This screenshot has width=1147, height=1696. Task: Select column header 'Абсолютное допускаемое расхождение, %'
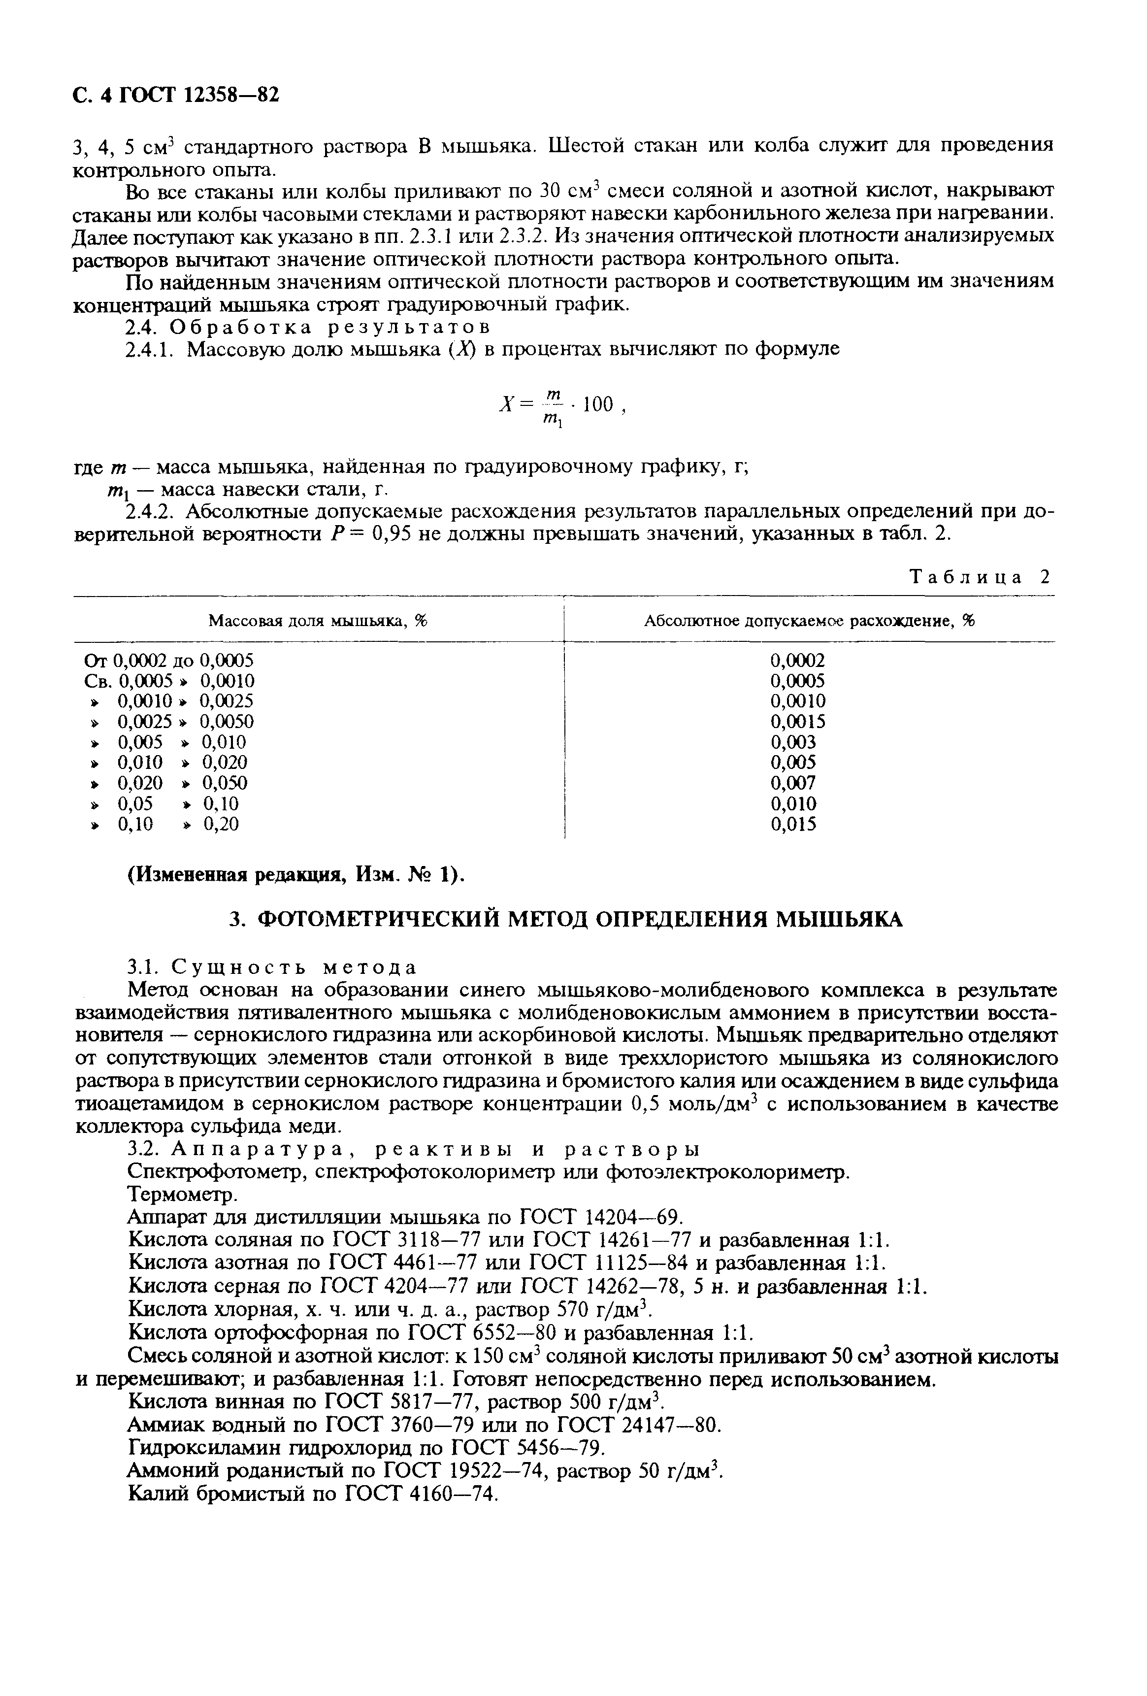pos(809,621)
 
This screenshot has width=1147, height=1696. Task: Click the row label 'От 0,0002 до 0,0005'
pos(168,661)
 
